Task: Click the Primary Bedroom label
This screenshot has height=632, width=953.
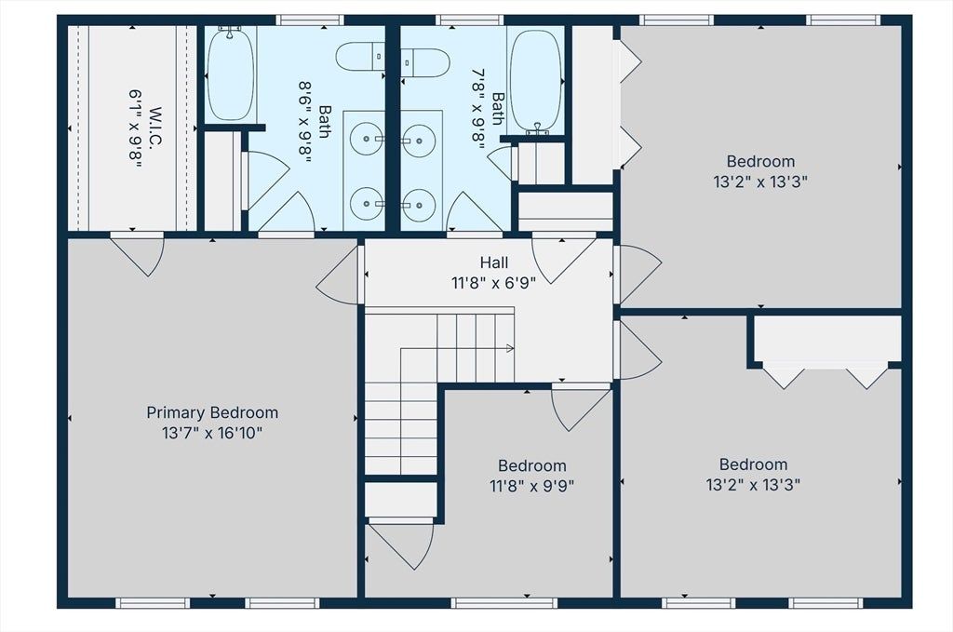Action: pos(212,412)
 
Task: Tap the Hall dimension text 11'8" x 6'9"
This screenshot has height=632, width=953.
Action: pos(493,283)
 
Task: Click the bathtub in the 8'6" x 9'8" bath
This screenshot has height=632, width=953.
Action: pos(230,74)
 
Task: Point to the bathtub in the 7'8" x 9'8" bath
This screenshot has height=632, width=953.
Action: pos(535,81)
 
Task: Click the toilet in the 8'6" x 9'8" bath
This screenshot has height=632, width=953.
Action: pos(360,57)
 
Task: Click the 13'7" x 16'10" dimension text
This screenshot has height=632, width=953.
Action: pos(212,434)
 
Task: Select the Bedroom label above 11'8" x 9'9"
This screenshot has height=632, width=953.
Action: pos(531,465)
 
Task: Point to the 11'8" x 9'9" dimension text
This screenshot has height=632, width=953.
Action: pos(531,486)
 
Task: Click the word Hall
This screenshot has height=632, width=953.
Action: pos(493,262)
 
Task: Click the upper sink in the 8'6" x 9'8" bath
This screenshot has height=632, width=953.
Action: pos(367,139)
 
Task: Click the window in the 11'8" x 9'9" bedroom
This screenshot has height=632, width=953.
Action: pos(503,603)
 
